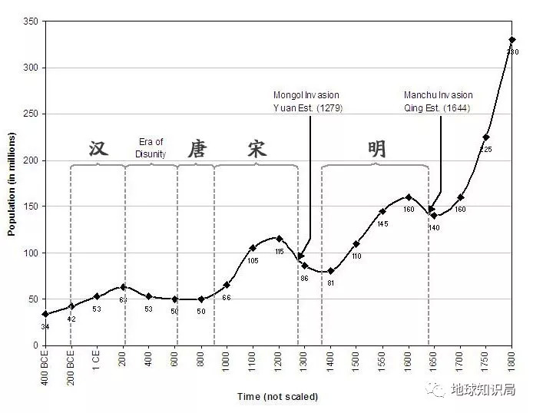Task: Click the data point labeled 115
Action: [x=279, y=239]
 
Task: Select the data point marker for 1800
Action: [x=512, y=40]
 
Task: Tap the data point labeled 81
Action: [x=330, y=271]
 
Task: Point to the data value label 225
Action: [x=485, y=149]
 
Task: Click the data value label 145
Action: [x=382, y=223]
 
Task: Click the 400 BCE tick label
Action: [x=45, y=366]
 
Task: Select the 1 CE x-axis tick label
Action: [x=97, y=360]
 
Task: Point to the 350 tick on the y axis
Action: [x=31, y=21]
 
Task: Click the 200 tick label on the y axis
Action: [x=31, y=160]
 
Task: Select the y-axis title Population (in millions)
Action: [x=12, y=183]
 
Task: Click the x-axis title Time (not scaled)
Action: [x=277, y=397]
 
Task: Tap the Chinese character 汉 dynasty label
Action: [x=98, y=149]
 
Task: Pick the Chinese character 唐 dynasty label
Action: [x=197, y=149]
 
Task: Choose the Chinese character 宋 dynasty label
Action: [x=257, y=149]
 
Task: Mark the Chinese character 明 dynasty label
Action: [x=376, y=149]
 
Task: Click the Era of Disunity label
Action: [x=151, y=147]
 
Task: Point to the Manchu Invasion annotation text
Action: [x=439, y=101]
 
